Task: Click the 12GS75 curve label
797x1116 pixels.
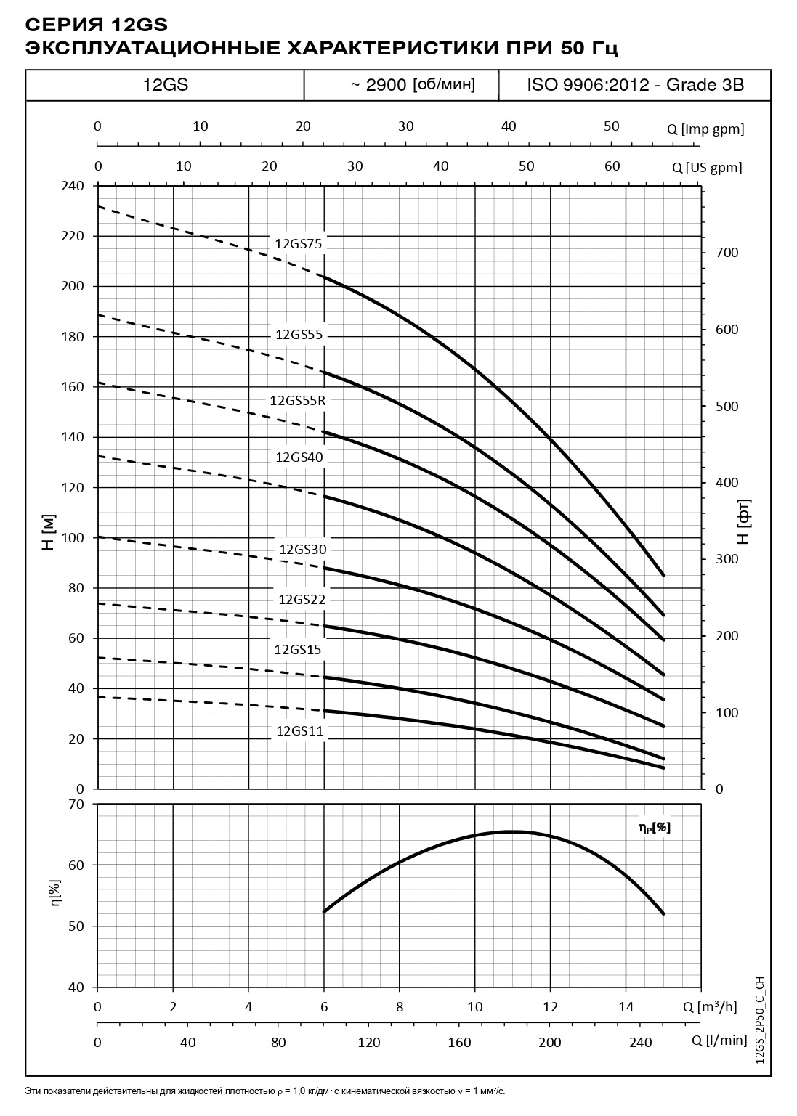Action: (x=298, y=244)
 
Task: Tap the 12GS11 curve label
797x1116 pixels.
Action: (x=299, y=731)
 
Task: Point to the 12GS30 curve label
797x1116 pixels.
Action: (x=303, y=549)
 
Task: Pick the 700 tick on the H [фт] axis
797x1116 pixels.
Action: (x=727, y=253)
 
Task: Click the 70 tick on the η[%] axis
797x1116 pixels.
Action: (x=76, y=804)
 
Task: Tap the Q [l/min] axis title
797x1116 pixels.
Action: (x=719, y=1040)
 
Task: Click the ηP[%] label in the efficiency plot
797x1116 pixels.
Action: (x=654, y=827)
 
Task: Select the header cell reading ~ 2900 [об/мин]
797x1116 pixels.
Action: (x=413, y=85)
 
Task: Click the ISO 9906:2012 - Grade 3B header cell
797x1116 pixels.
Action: (x=635, y=85)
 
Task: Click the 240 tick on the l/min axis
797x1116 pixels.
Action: (x=640, y=1042)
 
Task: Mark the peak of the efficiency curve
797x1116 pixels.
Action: (x=512, y=831)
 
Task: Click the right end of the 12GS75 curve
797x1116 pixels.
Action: (x=663, y=575)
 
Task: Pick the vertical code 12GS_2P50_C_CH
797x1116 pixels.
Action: (x=760, y=1020)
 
